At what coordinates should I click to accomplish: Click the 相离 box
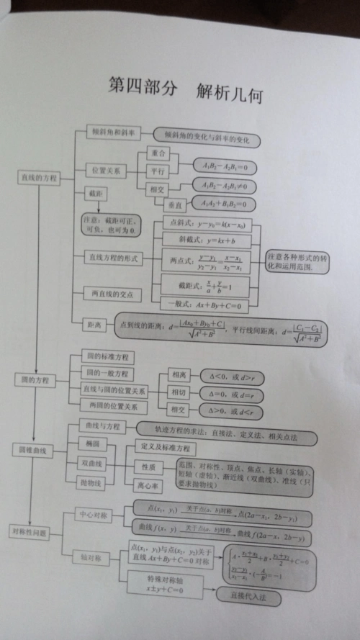tap(178, 375)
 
